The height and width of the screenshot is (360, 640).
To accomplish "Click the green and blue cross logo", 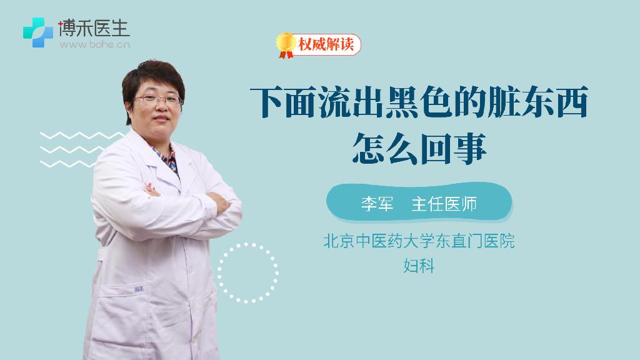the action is tap(38, 32).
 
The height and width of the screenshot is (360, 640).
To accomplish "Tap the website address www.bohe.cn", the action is tap(95, 44).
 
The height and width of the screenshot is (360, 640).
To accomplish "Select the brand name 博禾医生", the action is tap(94, 27).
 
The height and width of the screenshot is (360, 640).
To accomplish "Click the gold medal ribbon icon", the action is tap(286, 45).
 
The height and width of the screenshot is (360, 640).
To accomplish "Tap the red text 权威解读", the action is tap(326, 44).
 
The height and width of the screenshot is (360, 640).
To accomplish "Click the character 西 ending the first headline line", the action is tap(570, 102).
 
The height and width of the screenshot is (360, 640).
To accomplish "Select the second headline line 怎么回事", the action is tap(419, 147).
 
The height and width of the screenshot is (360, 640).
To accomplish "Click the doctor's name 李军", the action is tap(377, 204).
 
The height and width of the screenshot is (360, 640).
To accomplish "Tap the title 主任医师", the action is tap(444, 204).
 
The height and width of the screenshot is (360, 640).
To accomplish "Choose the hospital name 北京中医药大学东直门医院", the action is tap(419, 241).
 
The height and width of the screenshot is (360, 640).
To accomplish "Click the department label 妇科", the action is tap(419, 266).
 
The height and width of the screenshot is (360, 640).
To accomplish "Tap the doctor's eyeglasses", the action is tap(157, 99).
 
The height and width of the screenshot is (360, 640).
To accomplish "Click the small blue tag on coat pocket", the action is tap(139, 289).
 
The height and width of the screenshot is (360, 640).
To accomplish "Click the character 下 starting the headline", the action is tap(267, 102).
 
